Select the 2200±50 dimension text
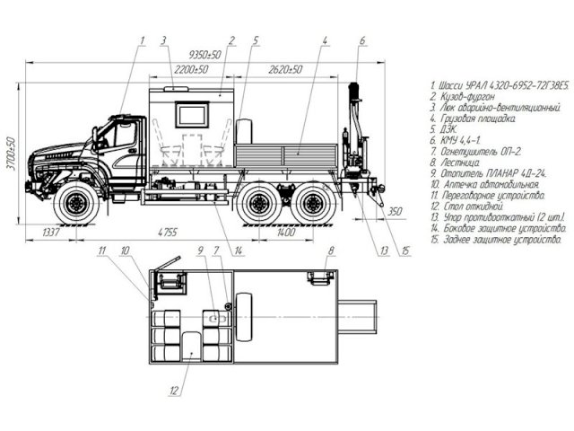pos(191,69)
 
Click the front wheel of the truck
pos(76,203)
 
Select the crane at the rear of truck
pos(352,135)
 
